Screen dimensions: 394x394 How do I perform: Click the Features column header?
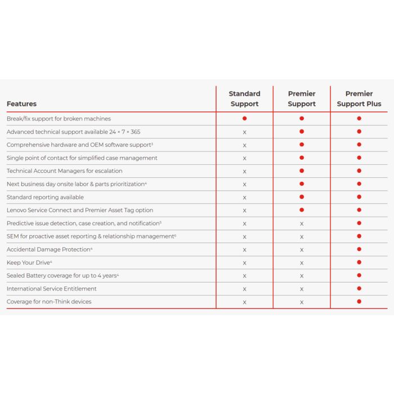point(21,104)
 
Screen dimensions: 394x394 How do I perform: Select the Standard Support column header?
point(244,98)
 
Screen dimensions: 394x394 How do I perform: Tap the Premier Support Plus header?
point(359,98)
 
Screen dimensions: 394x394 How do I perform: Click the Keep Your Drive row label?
point(29,262)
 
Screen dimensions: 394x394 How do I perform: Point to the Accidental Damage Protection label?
point(50,249)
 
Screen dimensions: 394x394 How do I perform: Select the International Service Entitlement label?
point(51,289)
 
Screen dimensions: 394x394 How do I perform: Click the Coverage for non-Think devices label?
point(49,302)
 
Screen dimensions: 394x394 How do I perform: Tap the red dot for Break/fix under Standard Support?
point(244,118)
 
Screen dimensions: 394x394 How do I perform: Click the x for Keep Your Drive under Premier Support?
point(302,263)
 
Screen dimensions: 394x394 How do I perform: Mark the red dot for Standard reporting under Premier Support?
point(302,197)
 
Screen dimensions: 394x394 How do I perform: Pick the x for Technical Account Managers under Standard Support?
point(244,171)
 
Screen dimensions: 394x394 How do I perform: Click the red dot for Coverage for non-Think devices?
point(359,301)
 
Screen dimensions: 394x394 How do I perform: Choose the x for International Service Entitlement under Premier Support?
point(302,289)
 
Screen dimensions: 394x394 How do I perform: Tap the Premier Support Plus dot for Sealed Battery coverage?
point(359,275)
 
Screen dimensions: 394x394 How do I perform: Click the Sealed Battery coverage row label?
point(62,275)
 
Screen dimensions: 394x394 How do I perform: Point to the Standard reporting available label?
point(45,197)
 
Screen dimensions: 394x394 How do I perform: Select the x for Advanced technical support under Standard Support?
point(244,132)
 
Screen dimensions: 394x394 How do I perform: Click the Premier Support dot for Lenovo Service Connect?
point(302,210)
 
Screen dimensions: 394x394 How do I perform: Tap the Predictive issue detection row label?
point(84,223)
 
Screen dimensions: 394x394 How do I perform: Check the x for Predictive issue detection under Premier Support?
point(302,223)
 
